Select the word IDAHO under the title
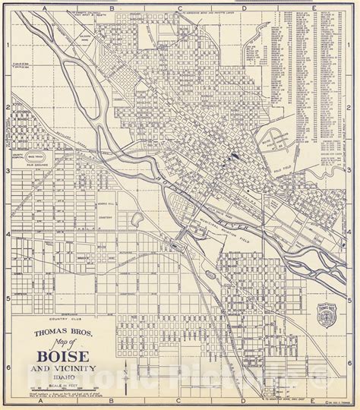pyautogui.click(x=68, y=377)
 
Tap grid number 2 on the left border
pyautogui.click(x=6, y=108)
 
